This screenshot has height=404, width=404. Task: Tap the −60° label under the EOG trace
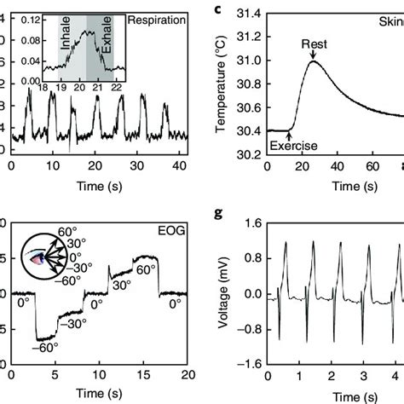coord(43,349)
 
